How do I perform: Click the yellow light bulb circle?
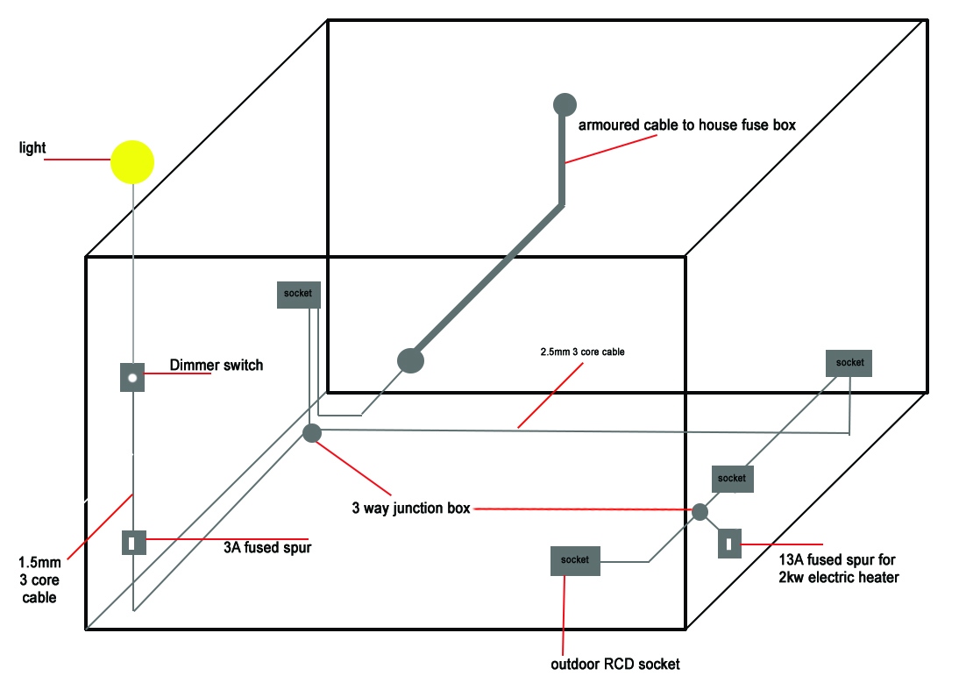pos(132,162)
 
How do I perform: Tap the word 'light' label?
pos(32,148)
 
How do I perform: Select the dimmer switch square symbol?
pos(131,378)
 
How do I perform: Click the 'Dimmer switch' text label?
pos(216,365)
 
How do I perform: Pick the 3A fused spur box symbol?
pos(133,543)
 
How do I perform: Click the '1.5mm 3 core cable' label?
pos(38,579)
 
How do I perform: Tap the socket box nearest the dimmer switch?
pos(298,294)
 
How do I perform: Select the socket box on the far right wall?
pos(849,363)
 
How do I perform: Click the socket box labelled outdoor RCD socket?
pos(575,560)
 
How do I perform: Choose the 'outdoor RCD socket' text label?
pos(614,664)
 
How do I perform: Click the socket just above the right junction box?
pos(732,479)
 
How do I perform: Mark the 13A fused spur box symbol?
pos(729,543)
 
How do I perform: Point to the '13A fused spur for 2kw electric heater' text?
pos(838,568)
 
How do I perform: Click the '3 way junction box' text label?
pos(411,508)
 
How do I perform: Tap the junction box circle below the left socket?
pos(311,432)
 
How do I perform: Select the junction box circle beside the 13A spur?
pos(700,511)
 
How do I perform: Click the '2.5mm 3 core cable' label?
pos(582,352)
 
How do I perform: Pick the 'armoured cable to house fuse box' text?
pos(686,124)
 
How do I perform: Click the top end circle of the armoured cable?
pos(565,104)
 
